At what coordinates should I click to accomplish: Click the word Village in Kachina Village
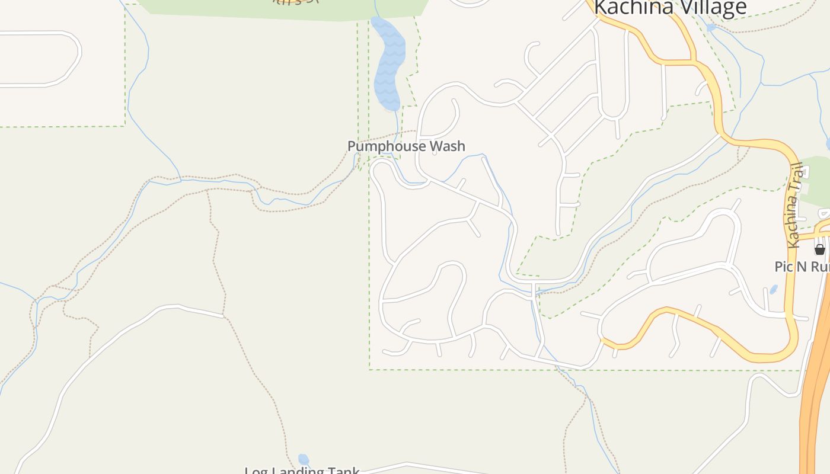tap(712, 8)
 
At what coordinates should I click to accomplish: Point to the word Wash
tap(448, 146)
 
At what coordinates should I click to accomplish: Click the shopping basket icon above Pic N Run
tap(820, 249)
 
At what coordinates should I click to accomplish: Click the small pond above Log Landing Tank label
tap(304, 459)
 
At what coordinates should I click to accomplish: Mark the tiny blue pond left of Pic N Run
tap(774, 290)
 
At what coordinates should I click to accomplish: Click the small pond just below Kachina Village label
tap(711, 27)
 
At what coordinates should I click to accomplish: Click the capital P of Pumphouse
tap(352, 146)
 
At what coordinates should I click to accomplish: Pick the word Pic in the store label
tap(784, 267)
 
